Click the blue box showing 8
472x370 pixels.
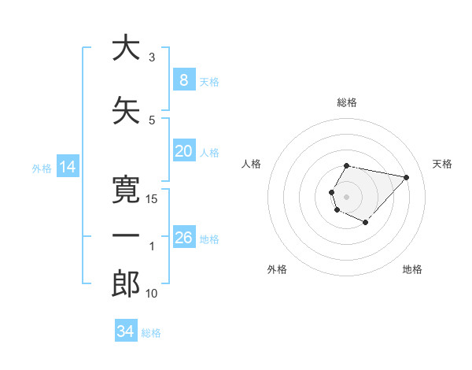click(183, 80)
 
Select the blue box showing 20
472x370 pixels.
click(183, 151)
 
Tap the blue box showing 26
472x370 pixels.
click(183, 238)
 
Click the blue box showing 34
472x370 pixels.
click(126, 331)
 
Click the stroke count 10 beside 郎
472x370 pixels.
click(152, 294)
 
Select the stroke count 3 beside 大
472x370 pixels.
click(152, 57)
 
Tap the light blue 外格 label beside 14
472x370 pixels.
click(41, 168)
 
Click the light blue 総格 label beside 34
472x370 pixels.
click(151, 333)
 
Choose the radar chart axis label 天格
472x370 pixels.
click(442, 164)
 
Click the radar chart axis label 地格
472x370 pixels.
click(412, 269)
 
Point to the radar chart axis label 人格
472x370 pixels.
click(252, 164)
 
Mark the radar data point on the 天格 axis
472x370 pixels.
click(406, 177)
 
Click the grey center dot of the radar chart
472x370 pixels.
click(346, 196)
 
